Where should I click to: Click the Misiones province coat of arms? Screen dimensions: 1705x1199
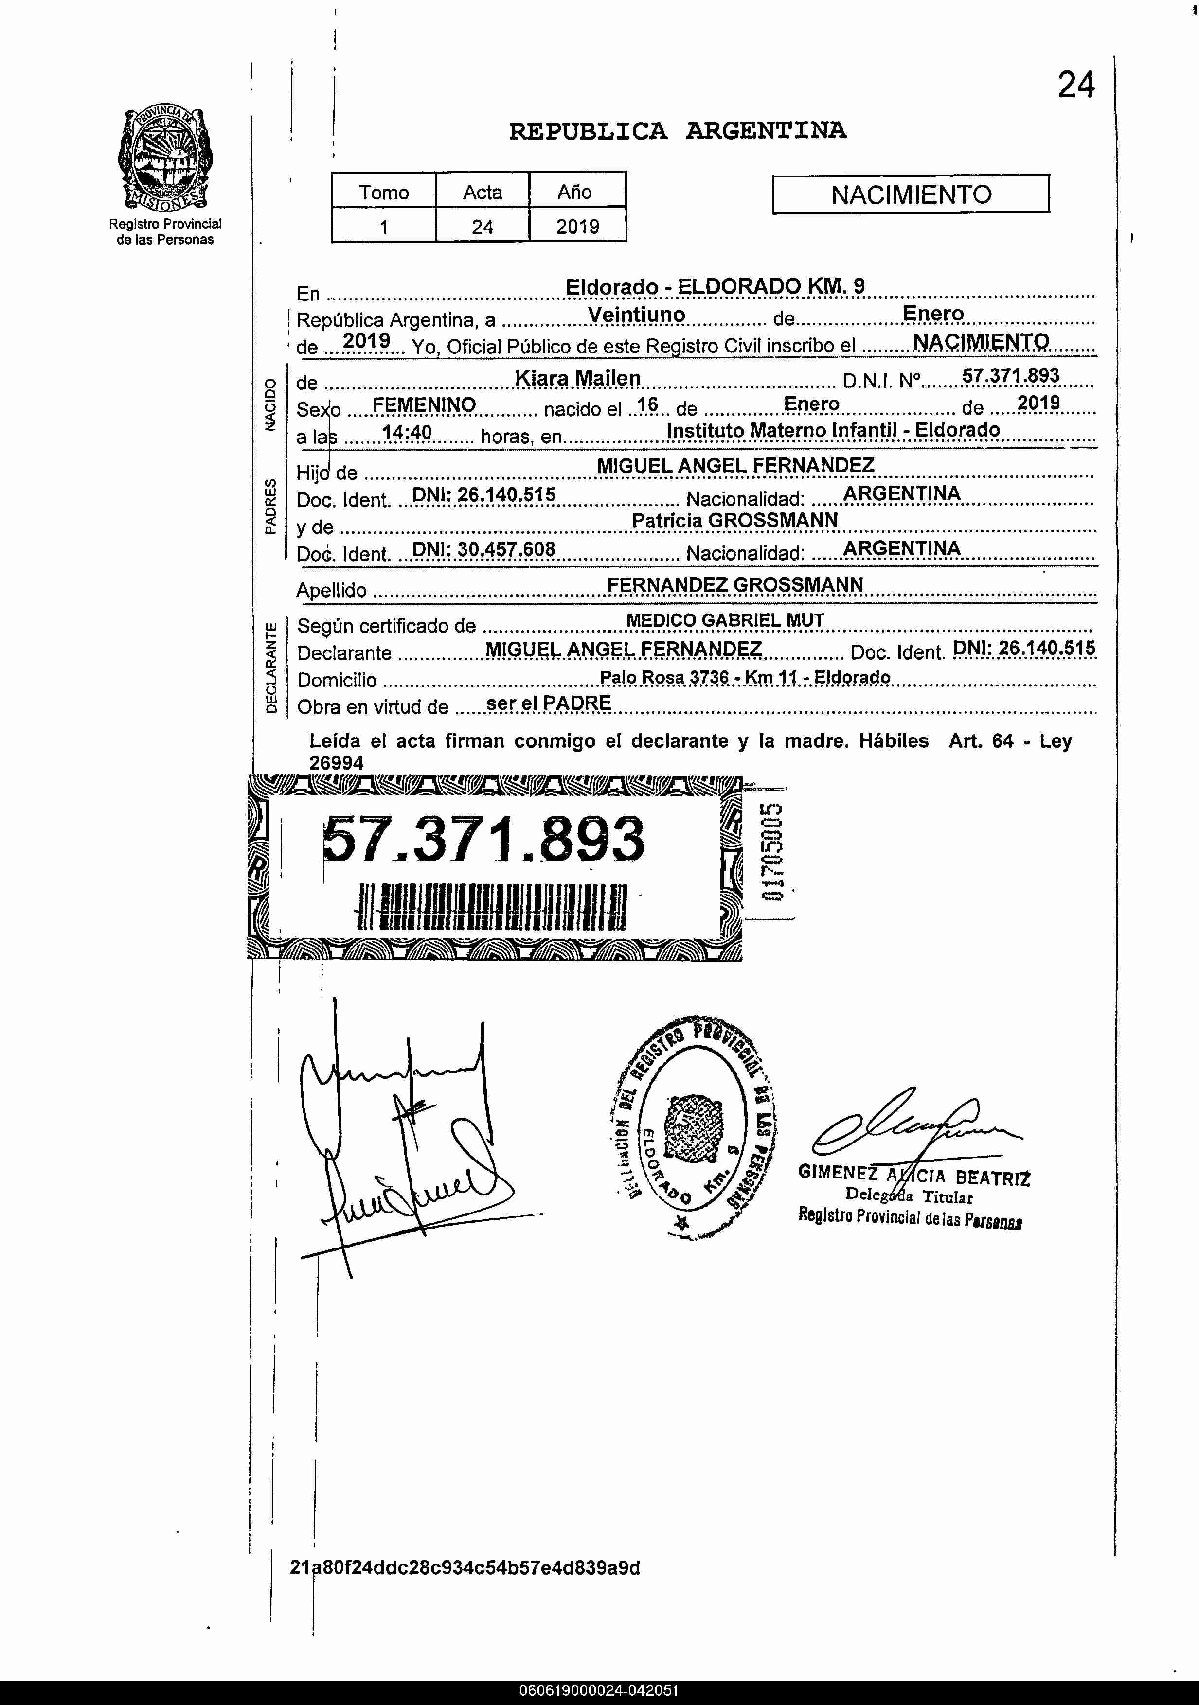(164, 158)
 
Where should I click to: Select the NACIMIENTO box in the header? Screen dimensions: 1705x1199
(910, 194)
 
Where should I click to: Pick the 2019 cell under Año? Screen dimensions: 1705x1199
(577, 227)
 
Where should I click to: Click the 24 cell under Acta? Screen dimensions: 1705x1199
(482, 227)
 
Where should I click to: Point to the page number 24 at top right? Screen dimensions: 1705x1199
(1075, 86)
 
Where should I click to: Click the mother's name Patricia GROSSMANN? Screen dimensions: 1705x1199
(734, 521)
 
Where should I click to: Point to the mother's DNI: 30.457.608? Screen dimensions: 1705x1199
(483, 549)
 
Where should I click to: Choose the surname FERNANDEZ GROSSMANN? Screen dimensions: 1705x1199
(734, 584)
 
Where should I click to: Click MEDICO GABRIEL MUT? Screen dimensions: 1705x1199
(725, 620)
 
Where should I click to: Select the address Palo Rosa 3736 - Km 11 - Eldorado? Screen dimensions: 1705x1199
(744, 677)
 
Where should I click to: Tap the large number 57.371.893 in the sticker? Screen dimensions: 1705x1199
(483, 839)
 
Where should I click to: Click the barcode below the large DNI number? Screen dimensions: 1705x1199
(492, 907)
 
